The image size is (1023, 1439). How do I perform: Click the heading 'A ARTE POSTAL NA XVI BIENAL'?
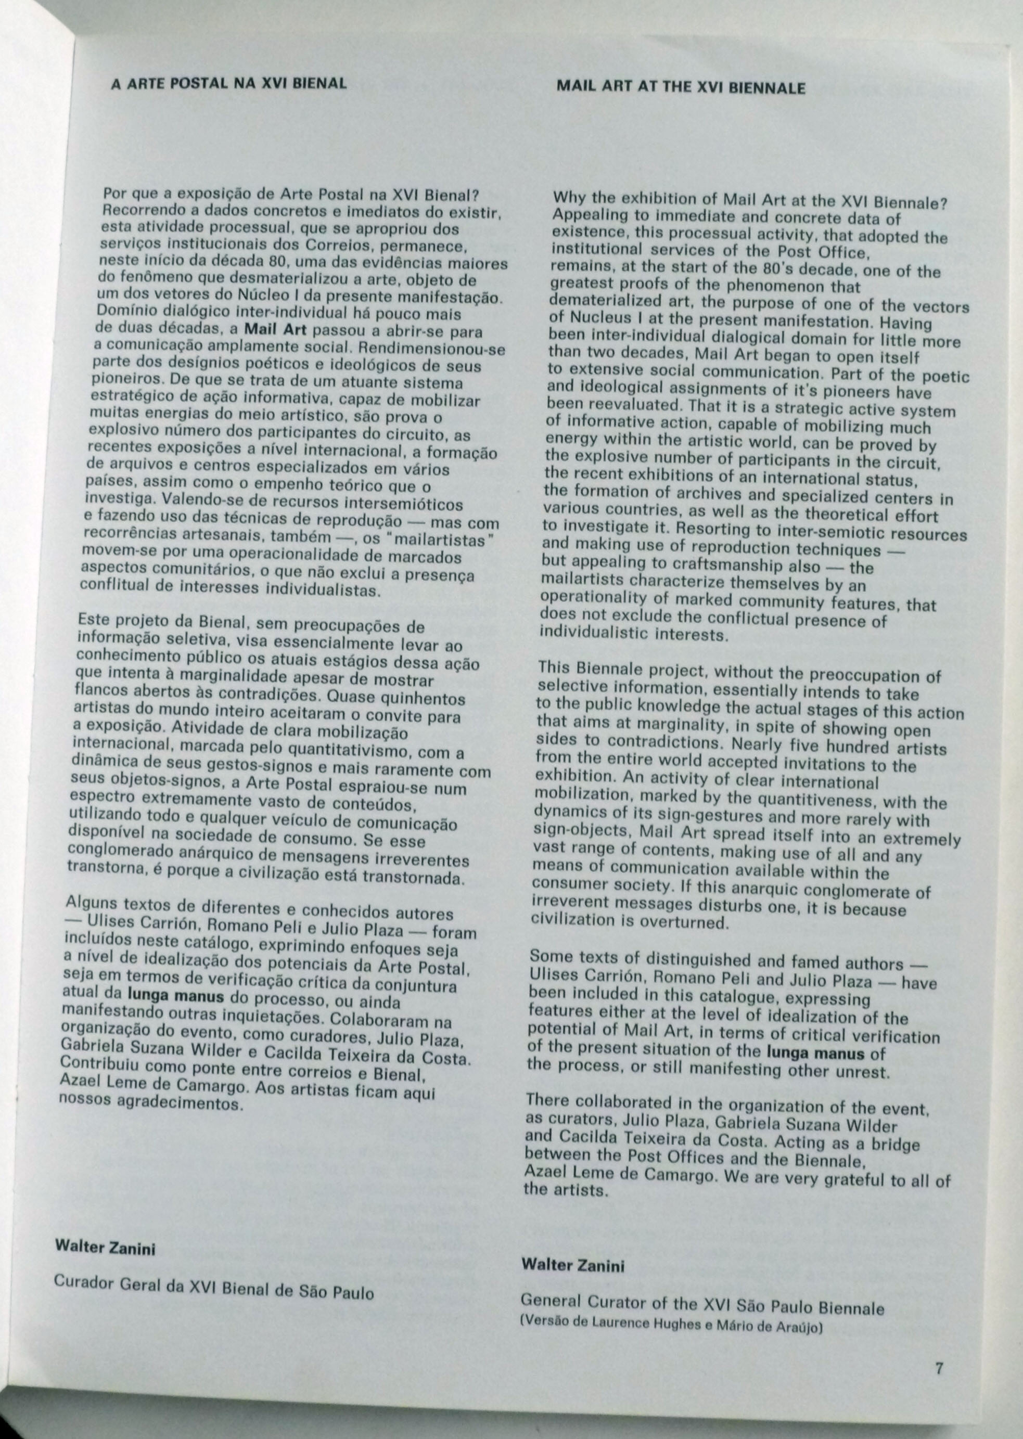point(228,83)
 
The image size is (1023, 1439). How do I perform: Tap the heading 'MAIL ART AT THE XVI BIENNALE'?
point(681,87)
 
